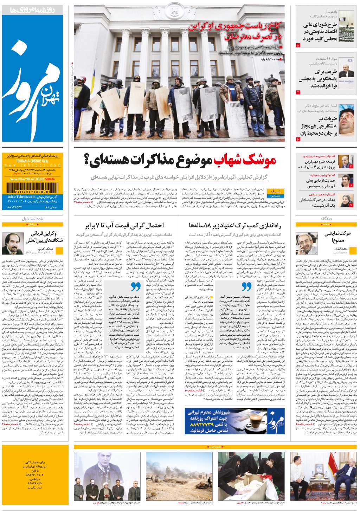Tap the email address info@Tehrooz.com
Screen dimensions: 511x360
click(21, 197)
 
